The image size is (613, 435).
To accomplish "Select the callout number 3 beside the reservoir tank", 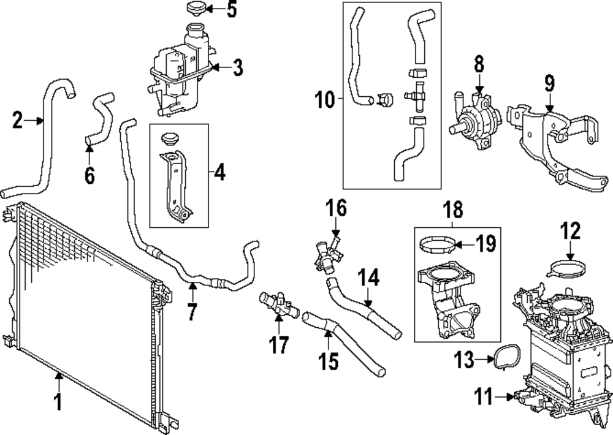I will (x=237, y=67).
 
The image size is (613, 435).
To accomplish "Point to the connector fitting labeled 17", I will (x=275, y=303).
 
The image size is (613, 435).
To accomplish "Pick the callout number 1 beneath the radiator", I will (x=59, y=402).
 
